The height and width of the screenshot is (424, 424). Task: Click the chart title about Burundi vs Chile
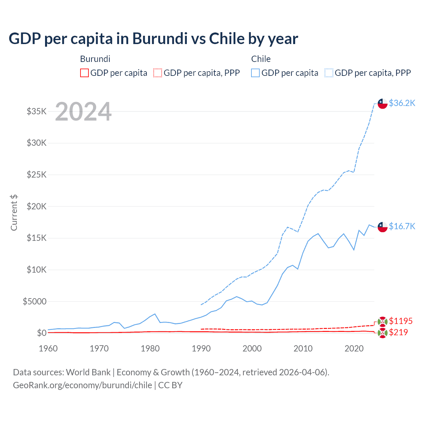pyautogui.click(x=153, y=39)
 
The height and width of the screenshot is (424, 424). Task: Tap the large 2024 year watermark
pyautogui.click(x=83, y=112)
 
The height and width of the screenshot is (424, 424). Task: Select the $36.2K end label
pyautogui.click(x=402, y=103)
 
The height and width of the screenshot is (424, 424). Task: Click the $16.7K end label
pyautogui.click(x=402, y=226)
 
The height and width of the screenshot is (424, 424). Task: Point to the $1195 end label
pyautogui.click(x=400, y=321)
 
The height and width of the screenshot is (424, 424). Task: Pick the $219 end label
pyautogui.click(x=398, y=332)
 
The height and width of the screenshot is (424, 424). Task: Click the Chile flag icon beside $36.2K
pyautogui.click(x=383, y=103)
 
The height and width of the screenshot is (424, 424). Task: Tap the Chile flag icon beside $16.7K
pyautogui.click(x=383, y=227)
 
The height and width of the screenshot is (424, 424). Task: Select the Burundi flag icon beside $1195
pyautogui.click(x=383, y=321)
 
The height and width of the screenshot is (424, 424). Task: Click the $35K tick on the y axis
pyautogui.click(x=37, y=111)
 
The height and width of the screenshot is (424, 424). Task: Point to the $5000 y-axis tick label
pyautogui.click(x=34, y=301)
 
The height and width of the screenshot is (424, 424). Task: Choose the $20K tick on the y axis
pyautogui.click(x=37, y=206)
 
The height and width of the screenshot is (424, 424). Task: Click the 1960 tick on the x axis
pyautogui.click(x=48, y=348)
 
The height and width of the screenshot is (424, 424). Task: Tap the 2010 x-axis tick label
pyautogui.click(x=303, y=348)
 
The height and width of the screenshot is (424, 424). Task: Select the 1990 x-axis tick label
pyautogui.click(x=201, y=348)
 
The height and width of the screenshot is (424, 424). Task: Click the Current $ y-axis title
pyautogui.click(x=14, y=213)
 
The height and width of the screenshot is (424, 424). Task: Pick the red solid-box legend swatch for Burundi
pyautogui.click(x=84, y=73)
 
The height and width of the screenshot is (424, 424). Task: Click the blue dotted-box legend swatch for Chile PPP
pyautogui.click(x=329, y=73)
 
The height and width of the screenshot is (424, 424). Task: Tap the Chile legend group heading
pyautogui.click(x=261, y=59)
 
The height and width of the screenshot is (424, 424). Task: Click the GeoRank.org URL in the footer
pyautogui.click(x=82, y=385)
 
